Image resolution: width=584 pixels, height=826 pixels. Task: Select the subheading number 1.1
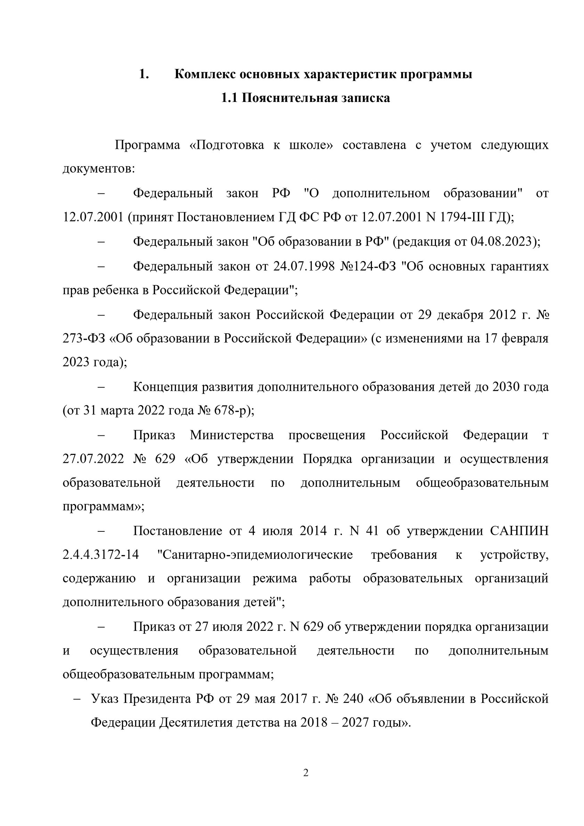point(229,98)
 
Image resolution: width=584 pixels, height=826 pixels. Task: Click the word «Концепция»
point(165,387)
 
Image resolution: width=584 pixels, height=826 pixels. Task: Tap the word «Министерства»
point(232,435)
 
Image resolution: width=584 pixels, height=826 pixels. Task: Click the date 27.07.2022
point(93,459)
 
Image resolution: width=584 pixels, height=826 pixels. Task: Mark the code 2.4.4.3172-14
point(101,554)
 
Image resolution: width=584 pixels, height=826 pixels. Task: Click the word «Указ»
point(105,699)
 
